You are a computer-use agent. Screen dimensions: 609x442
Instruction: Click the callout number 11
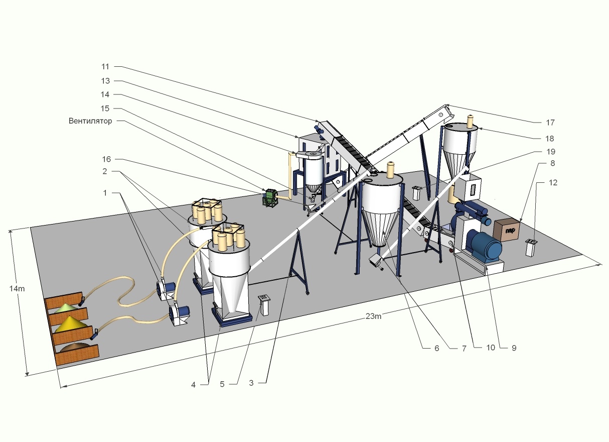(105, 67)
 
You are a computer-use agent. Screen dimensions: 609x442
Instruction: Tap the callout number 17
(550, 123)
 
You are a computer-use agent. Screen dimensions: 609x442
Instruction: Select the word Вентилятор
(90, 121)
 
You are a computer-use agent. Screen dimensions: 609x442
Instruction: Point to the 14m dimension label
(17, 288)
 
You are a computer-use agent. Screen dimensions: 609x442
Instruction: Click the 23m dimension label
(373, 316)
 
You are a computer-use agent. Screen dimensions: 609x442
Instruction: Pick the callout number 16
(106, 159)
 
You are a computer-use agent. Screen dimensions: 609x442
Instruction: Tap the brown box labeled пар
(507, 230)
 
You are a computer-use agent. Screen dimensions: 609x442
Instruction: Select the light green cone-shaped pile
(66, 308)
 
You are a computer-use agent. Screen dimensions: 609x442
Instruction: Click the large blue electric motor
(484, 247)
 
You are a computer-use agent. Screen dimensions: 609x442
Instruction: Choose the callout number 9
(514, 348)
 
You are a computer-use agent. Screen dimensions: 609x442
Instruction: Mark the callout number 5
(222, 384)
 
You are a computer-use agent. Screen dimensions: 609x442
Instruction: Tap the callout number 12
(553, 183)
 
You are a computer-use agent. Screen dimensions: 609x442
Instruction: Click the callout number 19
(550, 152)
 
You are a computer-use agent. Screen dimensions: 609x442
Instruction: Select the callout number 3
(251, 383)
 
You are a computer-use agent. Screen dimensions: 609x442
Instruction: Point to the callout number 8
(552, 163)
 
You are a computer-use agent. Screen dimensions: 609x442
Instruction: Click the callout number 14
(105, 94)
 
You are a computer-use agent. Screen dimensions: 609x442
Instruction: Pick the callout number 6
(437, 349)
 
